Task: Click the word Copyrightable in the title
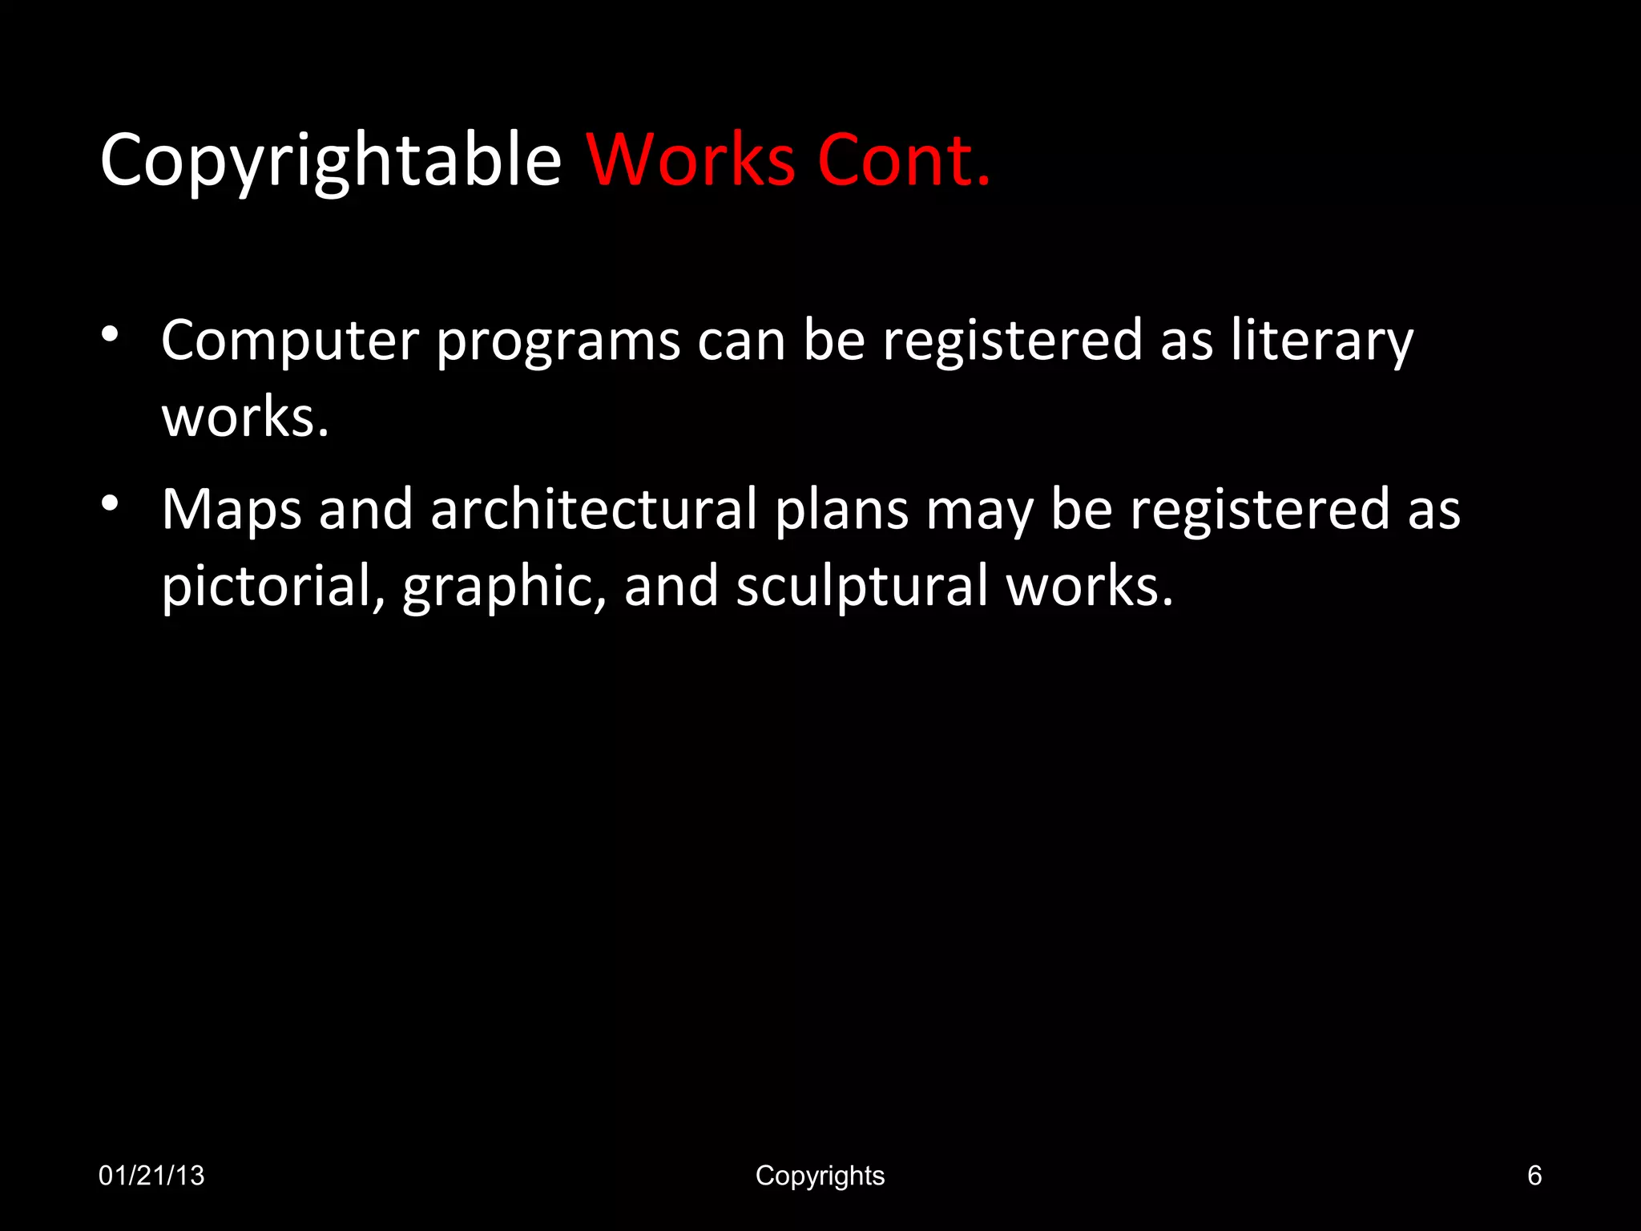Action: tap(330, 160)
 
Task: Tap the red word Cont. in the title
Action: tap(904, 160)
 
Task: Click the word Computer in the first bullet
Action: tap(289, 341)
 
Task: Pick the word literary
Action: tap(1322, 341)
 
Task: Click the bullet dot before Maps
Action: tap(111, 503)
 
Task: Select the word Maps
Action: tap(232, 511)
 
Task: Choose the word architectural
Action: tap(594, 509)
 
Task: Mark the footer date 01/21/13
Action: tap(151, 1176)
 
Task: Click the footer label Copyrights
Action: tap(820, 1176)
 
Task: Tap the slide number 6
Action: tap(1534, 1176)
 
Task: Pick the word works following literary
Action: tap(245, 418)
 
